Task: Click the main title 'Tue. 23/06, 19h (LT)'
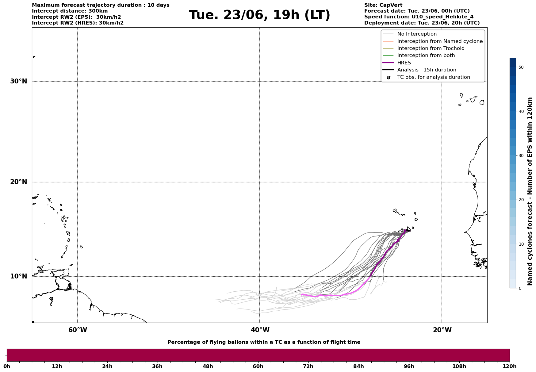pos(259,15)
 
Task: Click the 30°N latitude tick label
pos(19,81)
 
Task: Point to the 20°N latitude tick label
pos(19,182)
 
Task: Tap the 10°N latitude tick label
pos(19,276)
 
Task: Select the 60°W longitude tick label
pos(78,330)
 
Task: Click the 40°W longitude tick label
pos(260,330)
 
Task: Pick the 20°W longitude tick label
pos(442,330)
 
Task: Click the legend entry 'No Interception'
pos(417,34)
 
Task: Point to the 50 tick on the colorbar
pos(521,67)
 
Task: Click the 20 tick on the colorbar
pos(521,200)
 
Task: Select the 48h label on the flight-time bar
pos(208,366)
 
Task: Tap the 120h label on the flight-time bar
pos(509,366)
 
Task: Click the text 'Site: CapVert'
pos(383,5)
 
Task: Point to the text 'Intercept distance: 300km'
pos(70,11)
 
